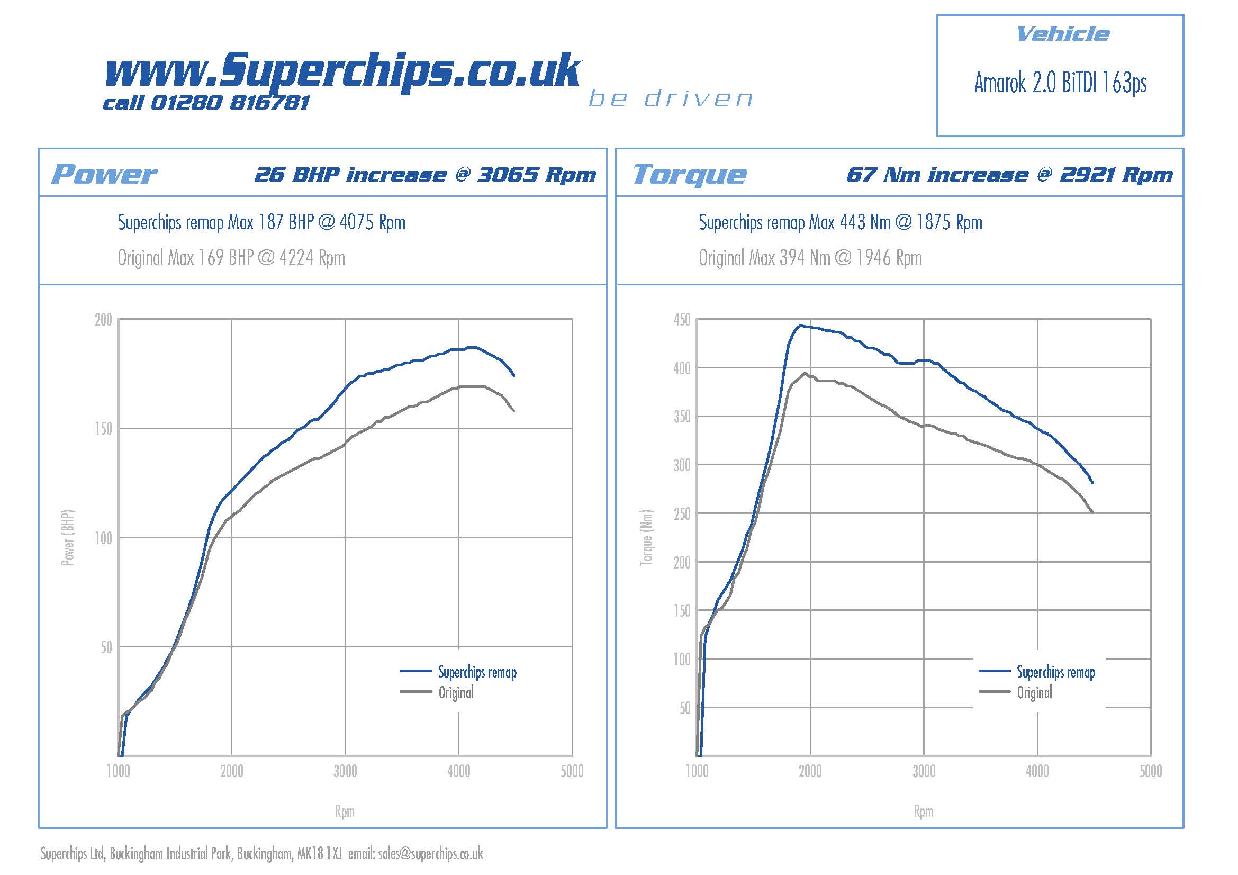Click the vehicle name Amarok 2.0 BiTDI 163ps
click(x=1060, y=83)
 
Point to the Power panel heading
click(x=104, y=174)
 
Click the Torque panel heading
click(x=690, y=175)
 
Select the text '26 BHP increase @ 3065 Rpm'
click(x=425, y=175)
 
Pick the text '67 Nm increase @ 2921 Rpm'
click(x=1009, y=175)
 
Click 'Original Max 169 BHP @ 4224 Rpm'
click(x=231, y=258)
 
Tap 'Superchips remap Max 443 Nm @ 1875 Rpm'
click(x=840, y=222)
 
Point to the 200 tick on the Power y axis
click(x=103, y=320)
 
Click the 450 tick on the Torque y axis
click(x=682, y=320)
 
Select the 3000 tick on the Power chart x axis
click(x=345, y=771)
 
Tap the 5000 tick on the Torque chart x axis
click(x=1151, y=771)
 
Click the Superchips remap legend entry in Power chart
click(x=477, y=672)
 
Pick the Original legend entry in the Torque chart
click(x=1034, y=693)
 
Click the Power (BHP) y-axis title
click(x=67, y=537)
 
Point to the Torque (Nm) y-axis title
click(x=646, y=537)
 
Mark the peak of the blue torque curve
click(x=801, y=325)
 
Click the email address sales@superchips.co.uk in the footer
click(x=430, y=854)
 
